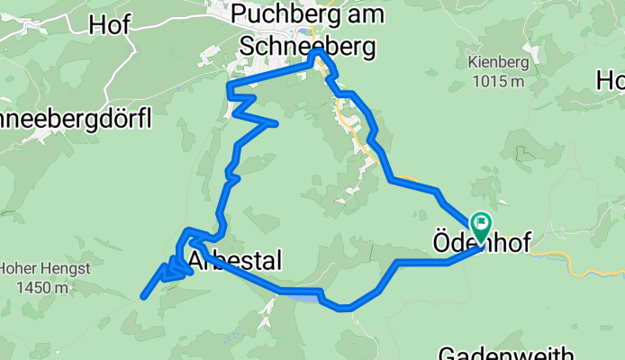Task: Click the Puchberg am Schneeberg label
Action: [x=306, y=28]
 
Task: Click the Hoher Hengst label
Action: [x=34, y=268]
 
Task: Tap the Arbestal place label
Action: [x=236, y=261]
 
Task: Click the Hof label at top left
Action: [x=109, y=25]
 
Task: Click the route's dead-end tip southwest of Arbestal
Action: [x=143, y=296]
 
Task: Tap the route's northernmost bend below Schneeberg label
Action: [x=317, y=54]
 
